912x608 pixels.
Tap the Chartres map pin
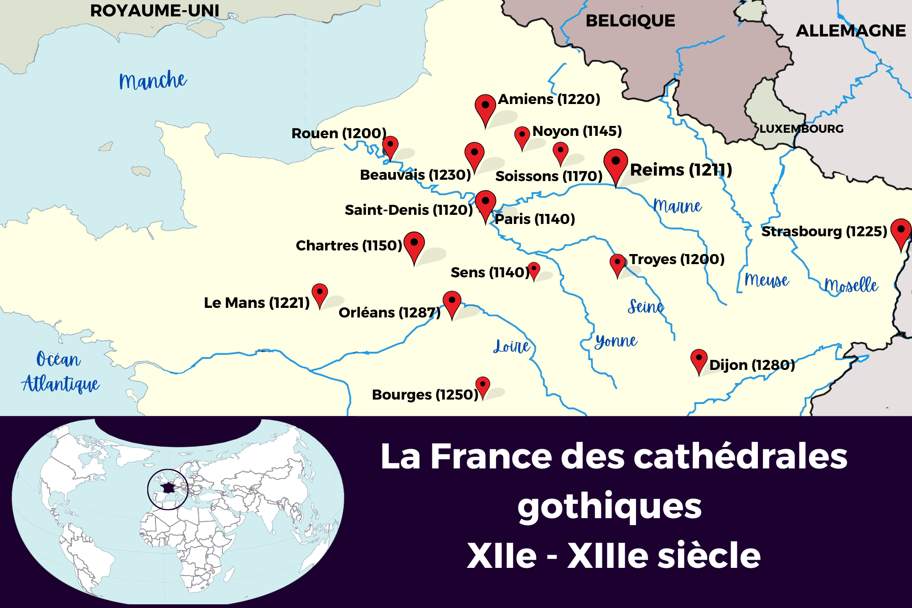414,244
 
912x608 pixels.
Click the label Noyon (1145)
577,131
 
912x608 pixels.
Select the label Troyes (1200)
677,259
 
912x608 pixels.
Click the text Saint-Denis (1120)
409,210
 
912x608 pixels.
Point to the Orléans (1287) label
389,312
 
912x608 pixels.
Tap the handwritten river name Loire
512,347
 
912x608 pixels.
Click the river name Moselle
851,286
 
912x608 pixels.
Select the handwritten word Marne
678,207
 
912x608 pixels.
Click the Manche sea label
153,81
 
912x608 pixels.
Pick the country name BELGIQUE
630,21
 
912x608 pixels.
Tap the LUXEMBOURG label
801,129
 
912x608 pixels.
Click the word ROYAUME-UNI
155,10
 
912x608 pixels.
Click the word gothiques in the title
609,506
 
